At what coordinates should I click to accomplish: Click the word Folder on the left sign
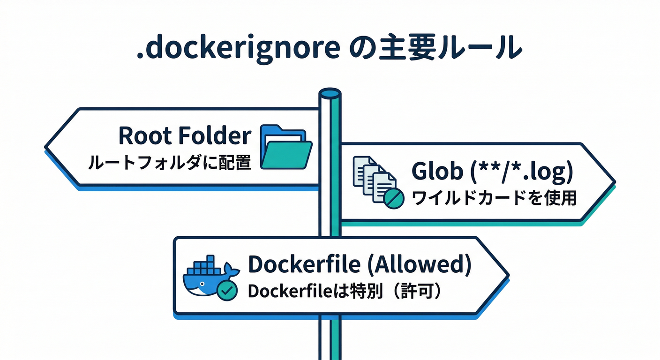click(x=214, y=135)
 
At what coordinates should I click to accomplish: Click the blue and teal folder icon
click(x=286, y=147)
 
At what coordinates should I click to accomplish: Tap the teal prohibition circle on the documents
click(x=394, y=199)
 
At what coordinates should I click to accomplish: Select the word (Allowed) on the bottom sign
click(x=418, y=265)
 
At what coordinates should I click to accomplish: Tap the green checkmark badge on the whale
click(x=227, y=291)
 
